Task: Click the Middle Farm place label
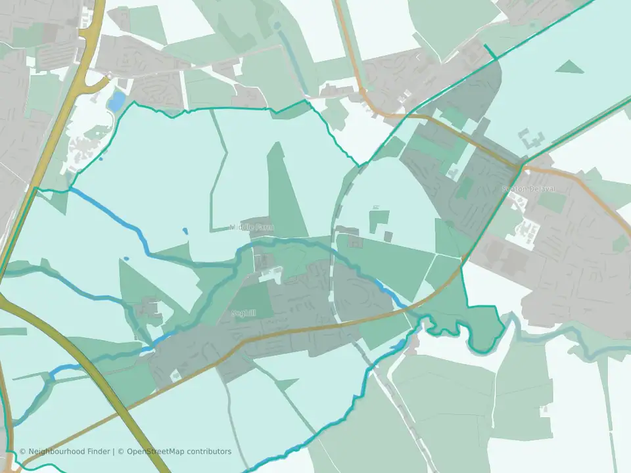click(252, 227)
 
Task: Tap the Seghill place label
click(243, 313)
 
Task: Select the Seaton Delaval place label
click(528, 189)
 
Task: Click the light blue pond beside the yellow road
click(116, 101)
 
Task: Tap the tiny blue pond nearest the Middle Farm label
click(184, 231)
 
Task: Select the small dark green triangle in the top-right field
click(569, 66)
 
